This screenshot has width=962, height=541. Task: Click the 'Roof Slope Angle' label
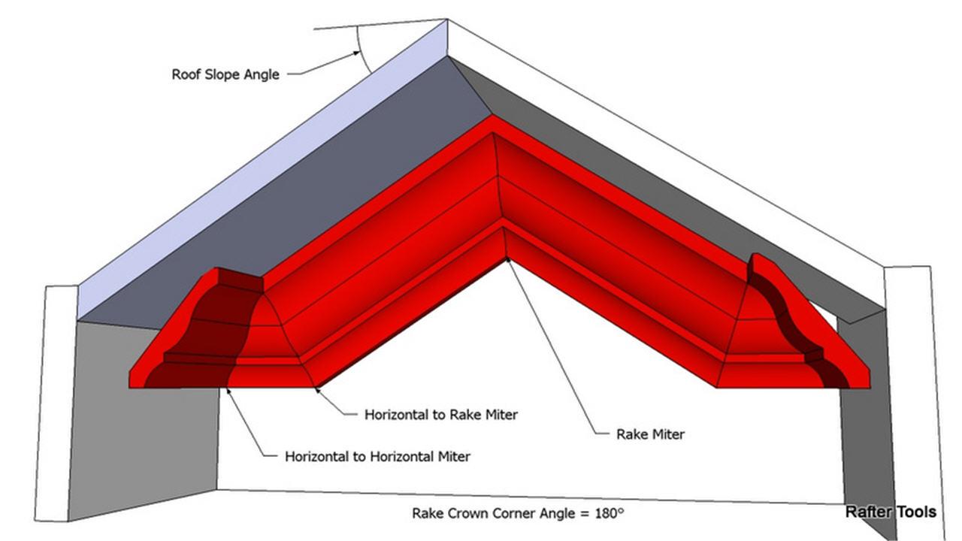pyautogui.click(x=225, y=74)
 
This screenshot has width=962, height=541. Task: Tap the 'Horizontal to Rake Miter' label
pyautogui.click(x=440, y=414)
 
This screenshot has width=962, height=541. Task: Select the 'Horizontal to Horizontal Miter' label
pyautogui.click(x=377, y=456)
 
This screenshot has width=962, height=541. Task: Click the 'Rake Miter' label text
pyautogui.click(x=650, y=434)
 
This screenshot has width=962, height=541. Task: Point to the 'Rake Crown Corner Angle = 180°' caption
pyautogui.click(x=518, y=513)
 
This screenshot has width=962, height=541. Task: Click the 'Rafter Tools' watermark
pyautogui.click(x=891, y=512)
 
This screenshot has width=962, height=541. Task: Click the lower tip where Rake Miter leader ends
pyautogui.click(x=509, y=260)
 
